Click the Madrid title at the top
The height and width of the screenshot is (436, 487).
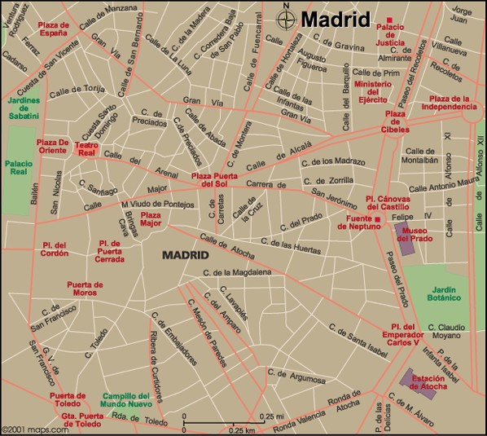(336, 19)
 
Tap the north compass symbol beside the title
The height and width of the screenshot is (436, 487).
(286, 17)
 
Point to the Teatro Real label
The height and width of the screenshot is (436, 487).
(86, 148)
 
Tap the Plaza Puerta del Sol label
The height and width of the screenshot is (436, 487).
(218, 179)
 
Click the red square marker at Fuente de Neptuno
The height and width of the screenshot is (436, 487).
(377, 219)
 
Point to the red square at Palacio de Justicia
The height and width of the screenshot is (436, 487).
(390, 20)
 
